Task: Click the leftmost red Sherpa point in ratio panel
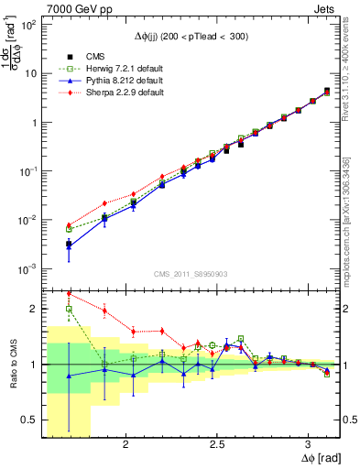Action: (69, 294)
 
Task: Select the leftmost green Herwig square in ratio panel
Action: (69, 309)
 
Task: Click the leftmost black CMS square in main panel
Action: (69, 244)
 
